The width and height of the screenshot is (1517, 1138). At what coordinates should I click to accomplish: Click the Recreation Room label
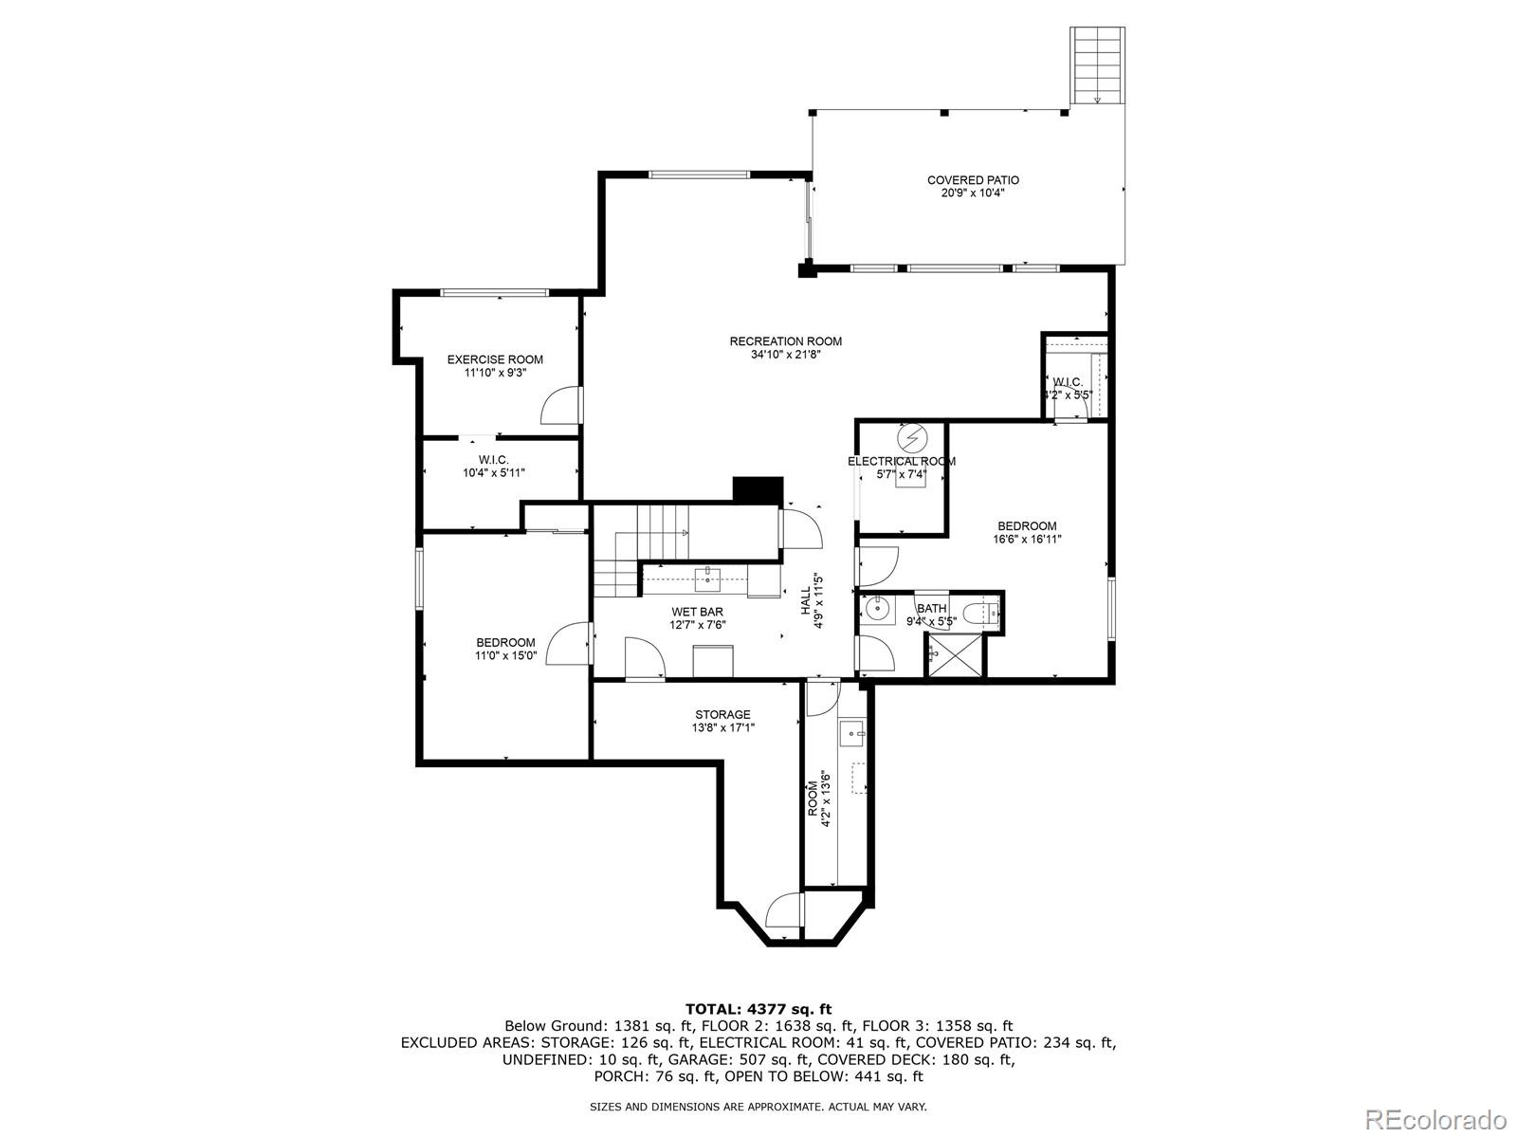pyautogui.click(x=785, y=341)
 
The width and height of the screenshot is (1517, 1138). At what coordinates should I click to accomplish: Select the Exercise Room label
pyautogui.click(x=495, y=359)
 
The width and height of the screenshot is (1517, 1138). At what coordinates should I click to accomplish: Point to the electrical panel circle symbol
pyautogui.click(x=911, y=438)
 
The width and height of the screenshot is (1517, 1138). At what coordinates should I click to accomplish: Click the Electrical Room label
pyautogui.click(x=901, y=462)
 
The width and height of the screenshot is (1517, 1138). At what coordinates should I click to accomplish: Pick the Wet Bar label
pyautogui.click(x=697, y=612)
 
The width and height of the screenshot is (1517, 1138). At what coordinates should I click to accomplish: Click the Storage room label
pyautogui.click(x=722, y=715)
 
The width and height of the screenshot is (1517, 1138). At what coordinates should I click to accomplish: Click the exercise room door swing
pyautogui.click(x=559, y=406)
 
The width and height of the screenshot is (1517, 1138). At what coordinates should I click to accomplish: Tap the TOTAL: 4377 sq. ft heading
pyautogui.click(x=758, y=1009)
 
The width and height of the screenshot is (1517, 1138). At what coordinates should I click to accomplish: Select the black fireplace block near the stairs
pyautogui.click(x=758, y=489)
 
